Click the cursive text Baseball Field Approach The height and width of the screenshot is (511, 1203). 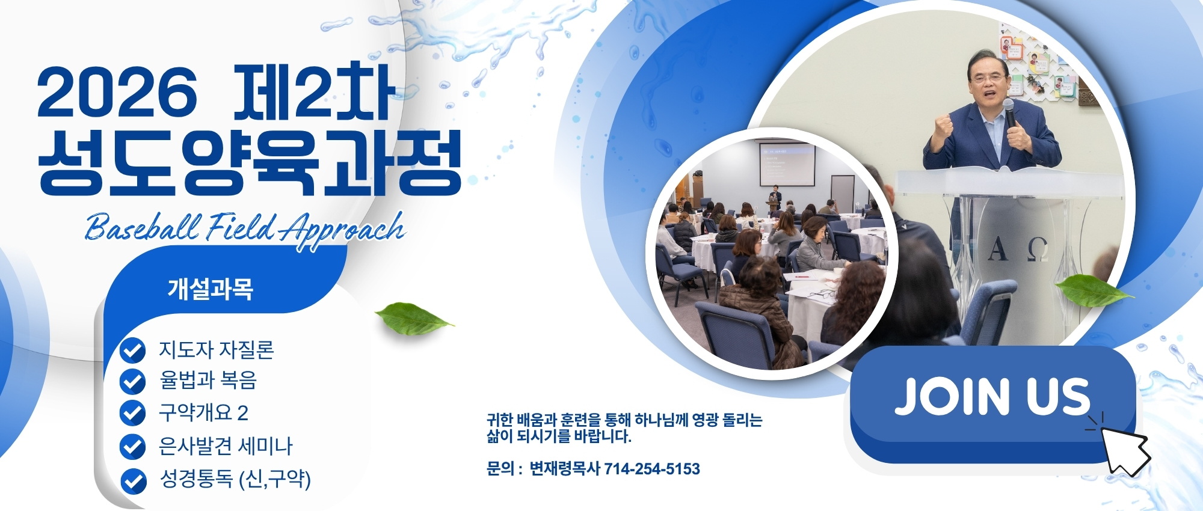(x=245, y=229)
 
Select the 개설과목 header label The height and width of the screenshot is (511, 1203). (x=210, y=289)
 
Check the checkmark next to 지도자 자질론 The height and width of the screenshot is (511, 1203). (x=132, y=350)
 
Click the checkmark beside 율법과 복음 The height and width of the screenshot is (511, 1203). (x=132, y=381)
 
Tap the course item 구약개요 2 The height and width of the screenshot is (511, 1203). (x=203, y=412)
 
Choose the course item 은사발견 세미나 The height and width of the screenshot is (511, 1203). (x=226, y=445)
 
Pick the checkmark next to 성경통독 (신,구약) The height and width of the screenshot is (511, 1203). (x=133, y=481)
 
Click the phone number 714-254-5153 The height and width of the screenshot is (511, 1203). (x=652, y=469)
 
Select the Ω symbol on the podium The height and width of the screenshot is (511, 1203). (x=1038, y=249)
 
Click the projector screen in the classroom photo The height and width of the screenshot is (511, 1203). (x=787, y=164)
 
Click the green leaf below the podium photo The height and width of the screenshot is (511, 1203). (x=1094, y=291)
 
